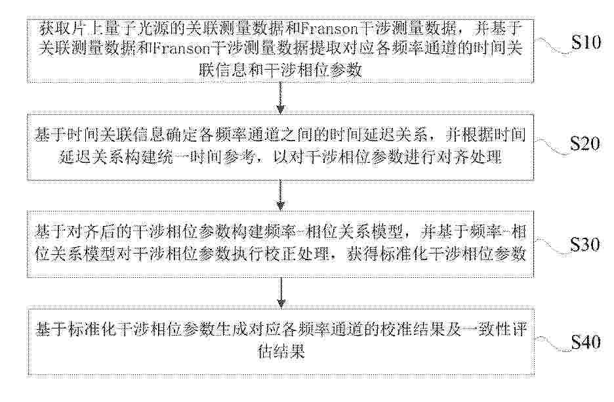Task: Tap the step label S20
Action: click(x=585, y=144)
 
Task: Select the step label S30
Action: click(x=585, y=244)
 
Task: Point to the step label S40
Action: click(x=586, y=342)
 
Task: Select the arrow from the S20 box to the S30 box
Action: click(x=280, y=195)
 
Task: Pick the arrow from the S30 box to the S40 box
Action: click(x=280, y=293)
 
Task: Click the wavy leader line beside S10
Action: click(x=552, y=45)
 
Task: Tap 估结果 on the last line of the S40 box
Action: click(x=281, y=351)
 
